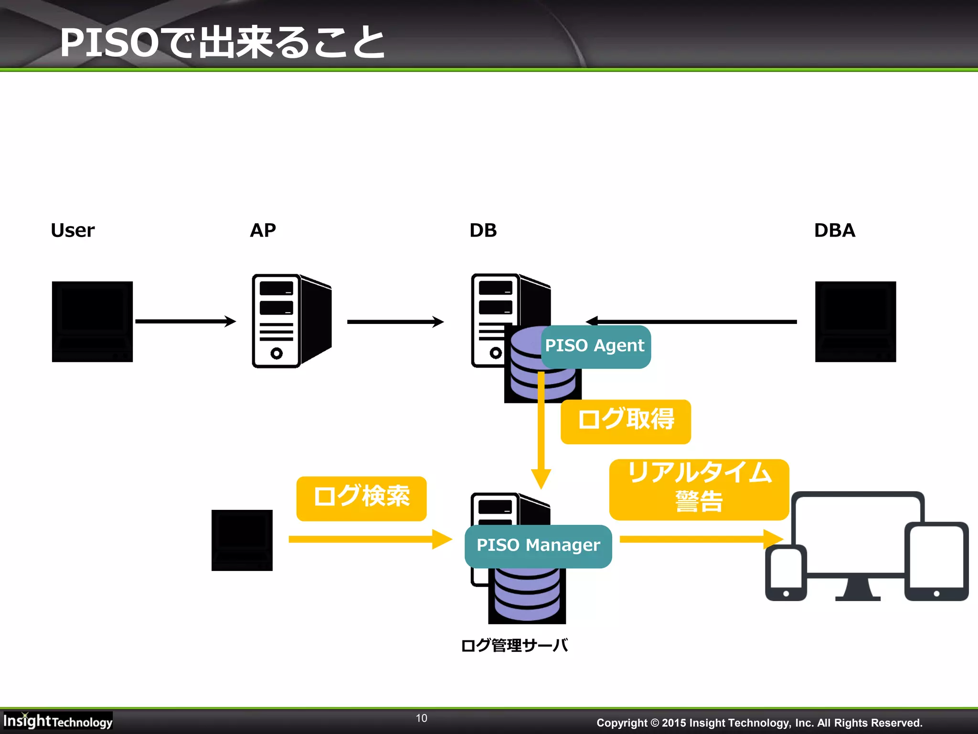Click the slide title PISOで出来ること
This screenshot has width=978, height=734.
pos(222,43)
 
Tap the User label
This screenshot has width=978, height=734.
pos(73,230)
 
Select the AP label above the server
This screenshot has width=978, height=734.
pos(263,230)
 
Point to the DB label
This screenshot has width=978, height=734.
pos(483,230)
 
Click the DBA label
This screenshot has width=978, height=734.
pos(834,230)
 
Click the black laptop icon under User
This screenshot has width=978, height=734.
pos(92,322)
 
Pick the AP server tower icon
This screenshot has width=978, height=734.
pos(291,321)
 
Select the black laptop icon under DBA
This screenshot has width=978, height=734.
pos(855,322)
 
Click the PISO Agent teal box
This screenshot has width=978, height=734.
pos(595,346)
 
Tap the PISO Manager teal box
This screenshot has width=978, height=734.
pos(538,546)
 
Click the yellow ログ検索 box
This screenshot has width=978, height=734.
pos(361,498)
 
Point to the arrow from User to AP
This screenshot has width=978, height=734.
pos(185,321)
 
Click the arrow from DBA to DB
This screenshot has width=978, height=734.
pos(692,322)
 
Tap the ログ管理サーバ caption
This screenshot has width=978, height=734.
pos(514,646)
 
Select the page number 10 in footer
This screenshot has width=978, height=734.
pos(421,718)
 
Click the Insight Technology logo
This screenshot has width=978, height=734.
pos(57,721)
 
